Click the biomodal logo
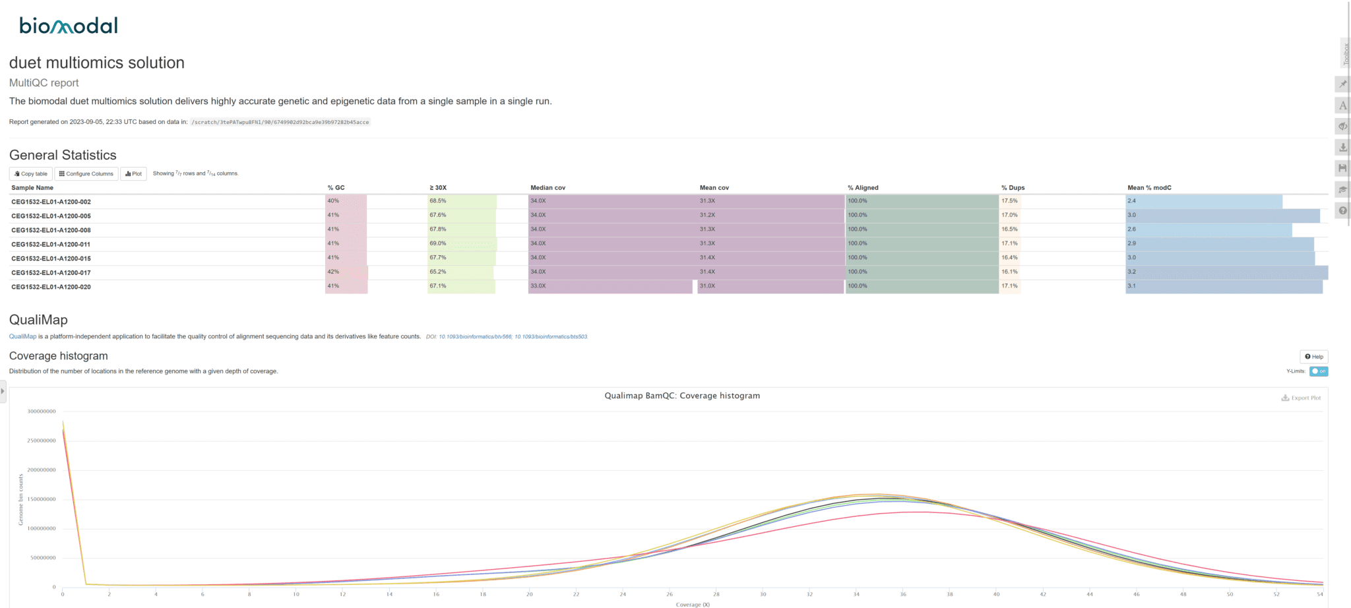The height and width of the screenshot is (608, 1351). (x=69, y=26)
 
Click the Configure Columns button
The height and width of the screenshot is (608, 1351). (x=86, y=174)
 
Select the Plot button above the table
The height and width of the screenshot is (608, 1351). (x=133, y=174)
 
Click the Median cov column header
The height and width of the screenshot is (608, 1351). (x=548, y=188)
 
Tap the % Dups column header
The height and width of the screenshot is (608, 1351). (x=1013, y=188)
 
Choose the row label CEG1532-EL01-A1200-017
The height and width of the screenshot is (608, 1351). (x=51, y=273)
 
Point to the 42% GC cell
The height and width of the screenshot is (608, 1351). (x=333, y=272)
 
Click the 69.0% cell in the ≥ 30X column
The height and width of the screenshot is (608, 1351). (x=438, y=243)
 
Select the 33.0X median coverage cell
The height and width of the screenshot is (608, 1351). (x=538, y=286)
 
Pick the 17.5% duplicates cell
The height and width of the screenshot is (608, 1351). (x=1009, y=201)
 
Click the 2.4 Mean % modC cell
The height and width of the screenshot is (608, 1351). (x=1132, y=201)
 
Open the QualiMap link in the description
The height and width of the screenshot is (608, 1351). (x=22, y=336)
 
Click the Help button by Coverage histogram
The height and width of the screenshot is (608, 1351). (x=1313, y=357)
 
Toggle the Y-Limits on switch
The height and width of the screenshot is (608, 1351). (x=1319, y=371)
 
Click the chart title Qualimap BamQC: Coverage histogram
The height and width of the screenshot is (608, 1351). (x=682, y=396)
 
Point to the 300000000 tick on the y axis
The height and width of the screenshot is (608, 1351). (x=42, y=411)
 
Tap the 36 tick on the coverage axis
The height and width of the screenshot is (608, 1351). (x=903, y=594)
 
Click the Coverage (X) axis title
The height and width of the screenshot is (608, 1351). (x=693, y=604)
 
